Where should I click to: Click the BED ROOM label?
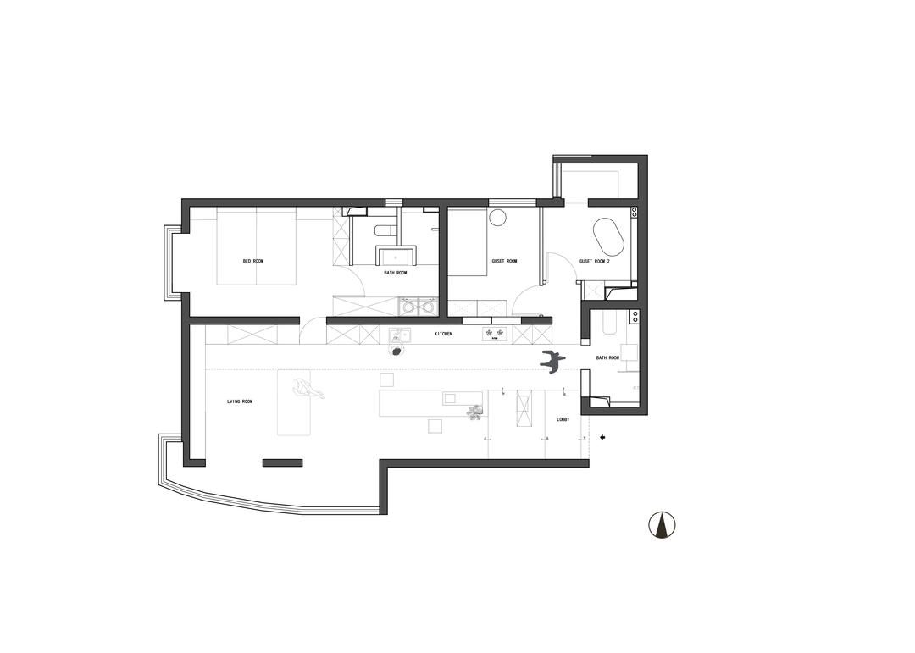(253, 261)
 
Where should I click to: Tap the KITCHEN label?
(443, 334)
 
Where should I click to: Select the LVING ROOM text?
(240, 401)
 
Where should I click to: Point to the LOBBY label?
(563, 419)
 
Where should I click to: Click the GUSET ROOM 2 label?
(595, 262)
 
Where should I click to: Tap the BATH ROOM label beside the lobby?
(607, 357)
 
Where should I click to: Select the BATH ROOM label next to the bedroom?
(396, 273)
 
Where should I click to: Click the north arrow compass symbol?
(662, 524)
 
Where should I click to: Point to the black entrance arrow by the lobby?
(603, 437)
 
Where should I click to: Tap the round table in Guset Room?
(498, 217)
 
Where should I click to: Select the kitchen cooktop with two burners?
(496, 335)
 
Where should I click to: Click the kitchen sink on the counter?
(398, 335)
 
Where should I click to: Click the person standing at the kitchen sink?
(396, 350)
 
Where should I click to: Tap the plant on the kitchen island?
(475, 412)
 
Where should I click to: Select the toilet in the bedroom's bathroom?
(384, 231)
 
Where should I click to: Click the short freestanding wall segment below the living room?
(282, 462)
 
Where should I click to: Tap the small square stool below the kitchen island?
(434, 426)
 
